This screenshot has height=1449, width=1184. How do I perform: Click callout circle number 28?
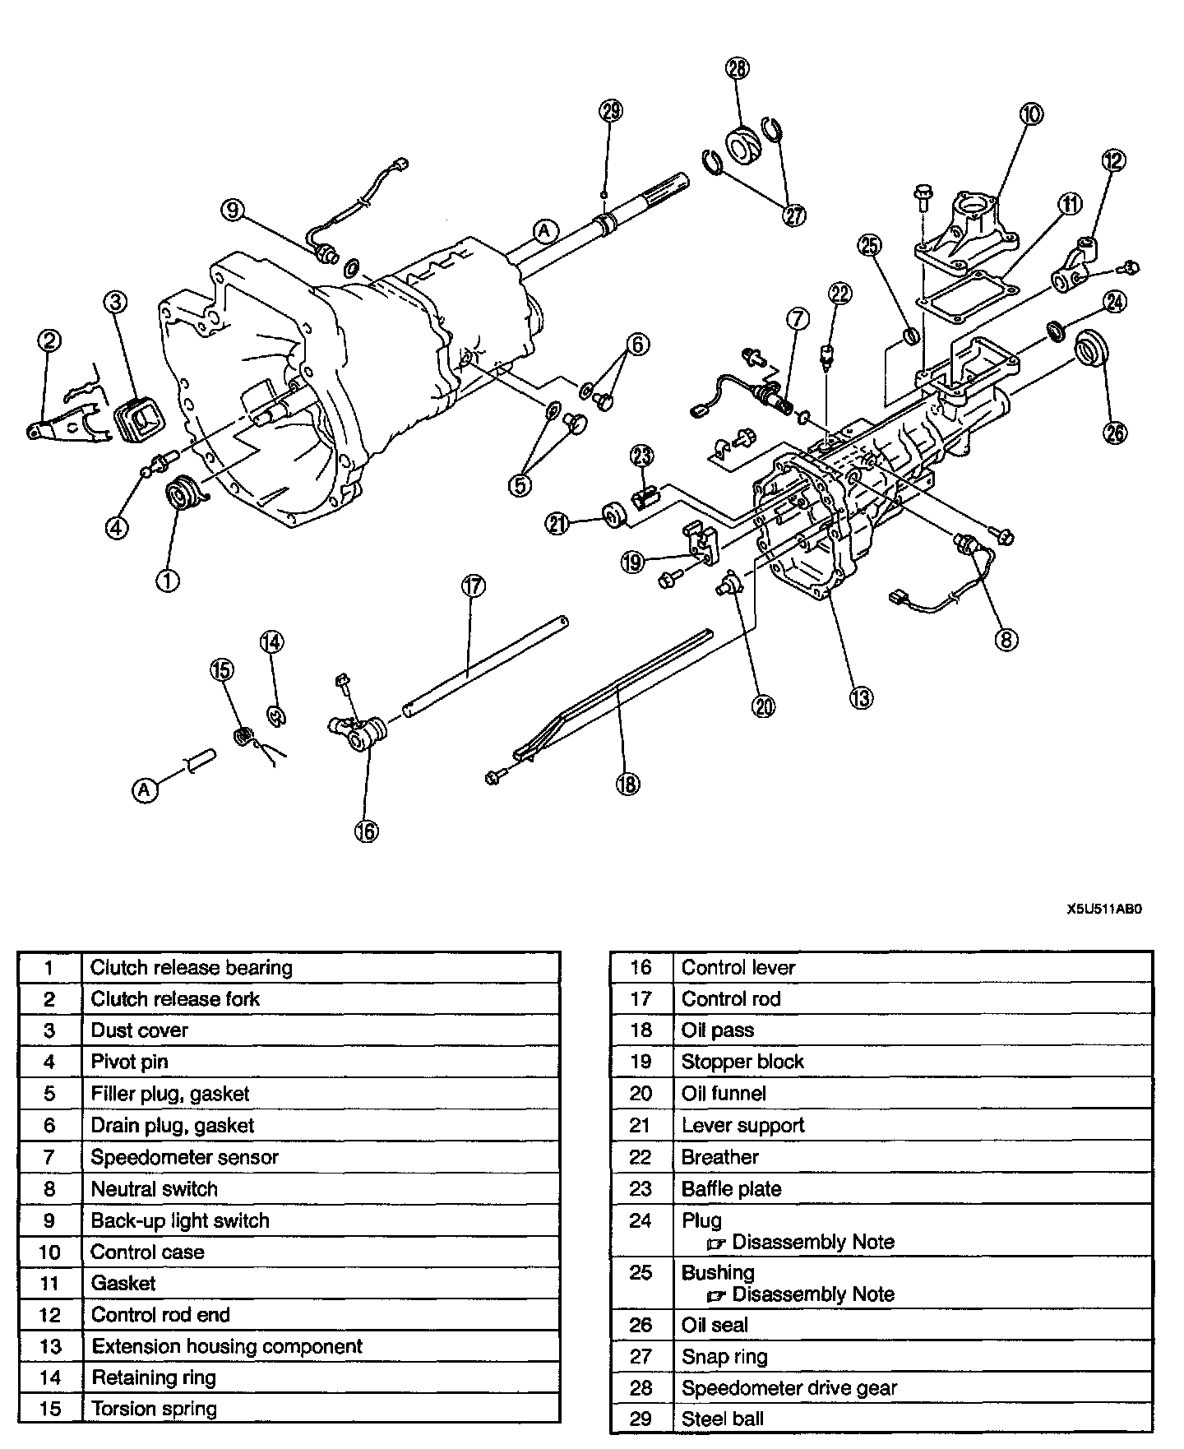[x=738, y=68]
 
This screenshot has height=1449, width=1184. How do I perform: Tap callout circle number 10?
[x=1030, y=114]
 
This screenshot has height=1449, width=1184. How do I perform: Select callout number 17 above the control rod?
[x=473, y=586]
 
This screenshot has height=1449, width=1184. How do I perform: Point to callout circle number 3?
[x=115, y=303]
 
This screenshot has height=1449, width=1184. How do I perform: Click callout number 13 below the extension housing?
[x=861, y=697]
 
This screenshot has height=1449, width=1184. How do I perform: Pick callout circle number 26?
[x=1114, y=433]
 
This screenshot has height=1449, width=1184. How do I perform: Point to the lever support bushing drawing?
[x=615, y=515]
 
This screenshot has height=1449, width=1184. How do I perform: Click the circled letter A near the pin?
[x=144, y=790]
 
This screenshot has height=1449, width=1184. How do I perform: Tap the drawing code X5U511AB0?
[x=1103, y=910]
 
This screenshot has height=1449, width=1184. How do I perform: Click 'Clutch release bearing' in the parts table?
[x=191, y=968]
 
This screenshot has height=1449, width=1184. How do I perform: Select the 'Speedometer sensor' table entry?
[x=184, y=1157]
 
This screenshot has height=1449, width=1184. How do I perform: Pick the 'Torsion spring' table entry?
[x=154, y=1409]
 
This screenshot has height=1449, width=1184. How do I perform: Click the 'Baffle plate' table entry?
[x=731, y=1189]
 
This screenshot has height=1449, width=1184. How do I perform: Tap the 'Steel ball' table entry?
[x=722, y=1419]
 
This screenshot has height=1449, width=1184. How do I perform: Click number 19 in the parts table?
[x=641, y=1062]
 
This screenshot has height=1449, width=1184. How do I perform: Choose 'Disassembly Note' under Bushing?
[x=812, y=1294]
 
